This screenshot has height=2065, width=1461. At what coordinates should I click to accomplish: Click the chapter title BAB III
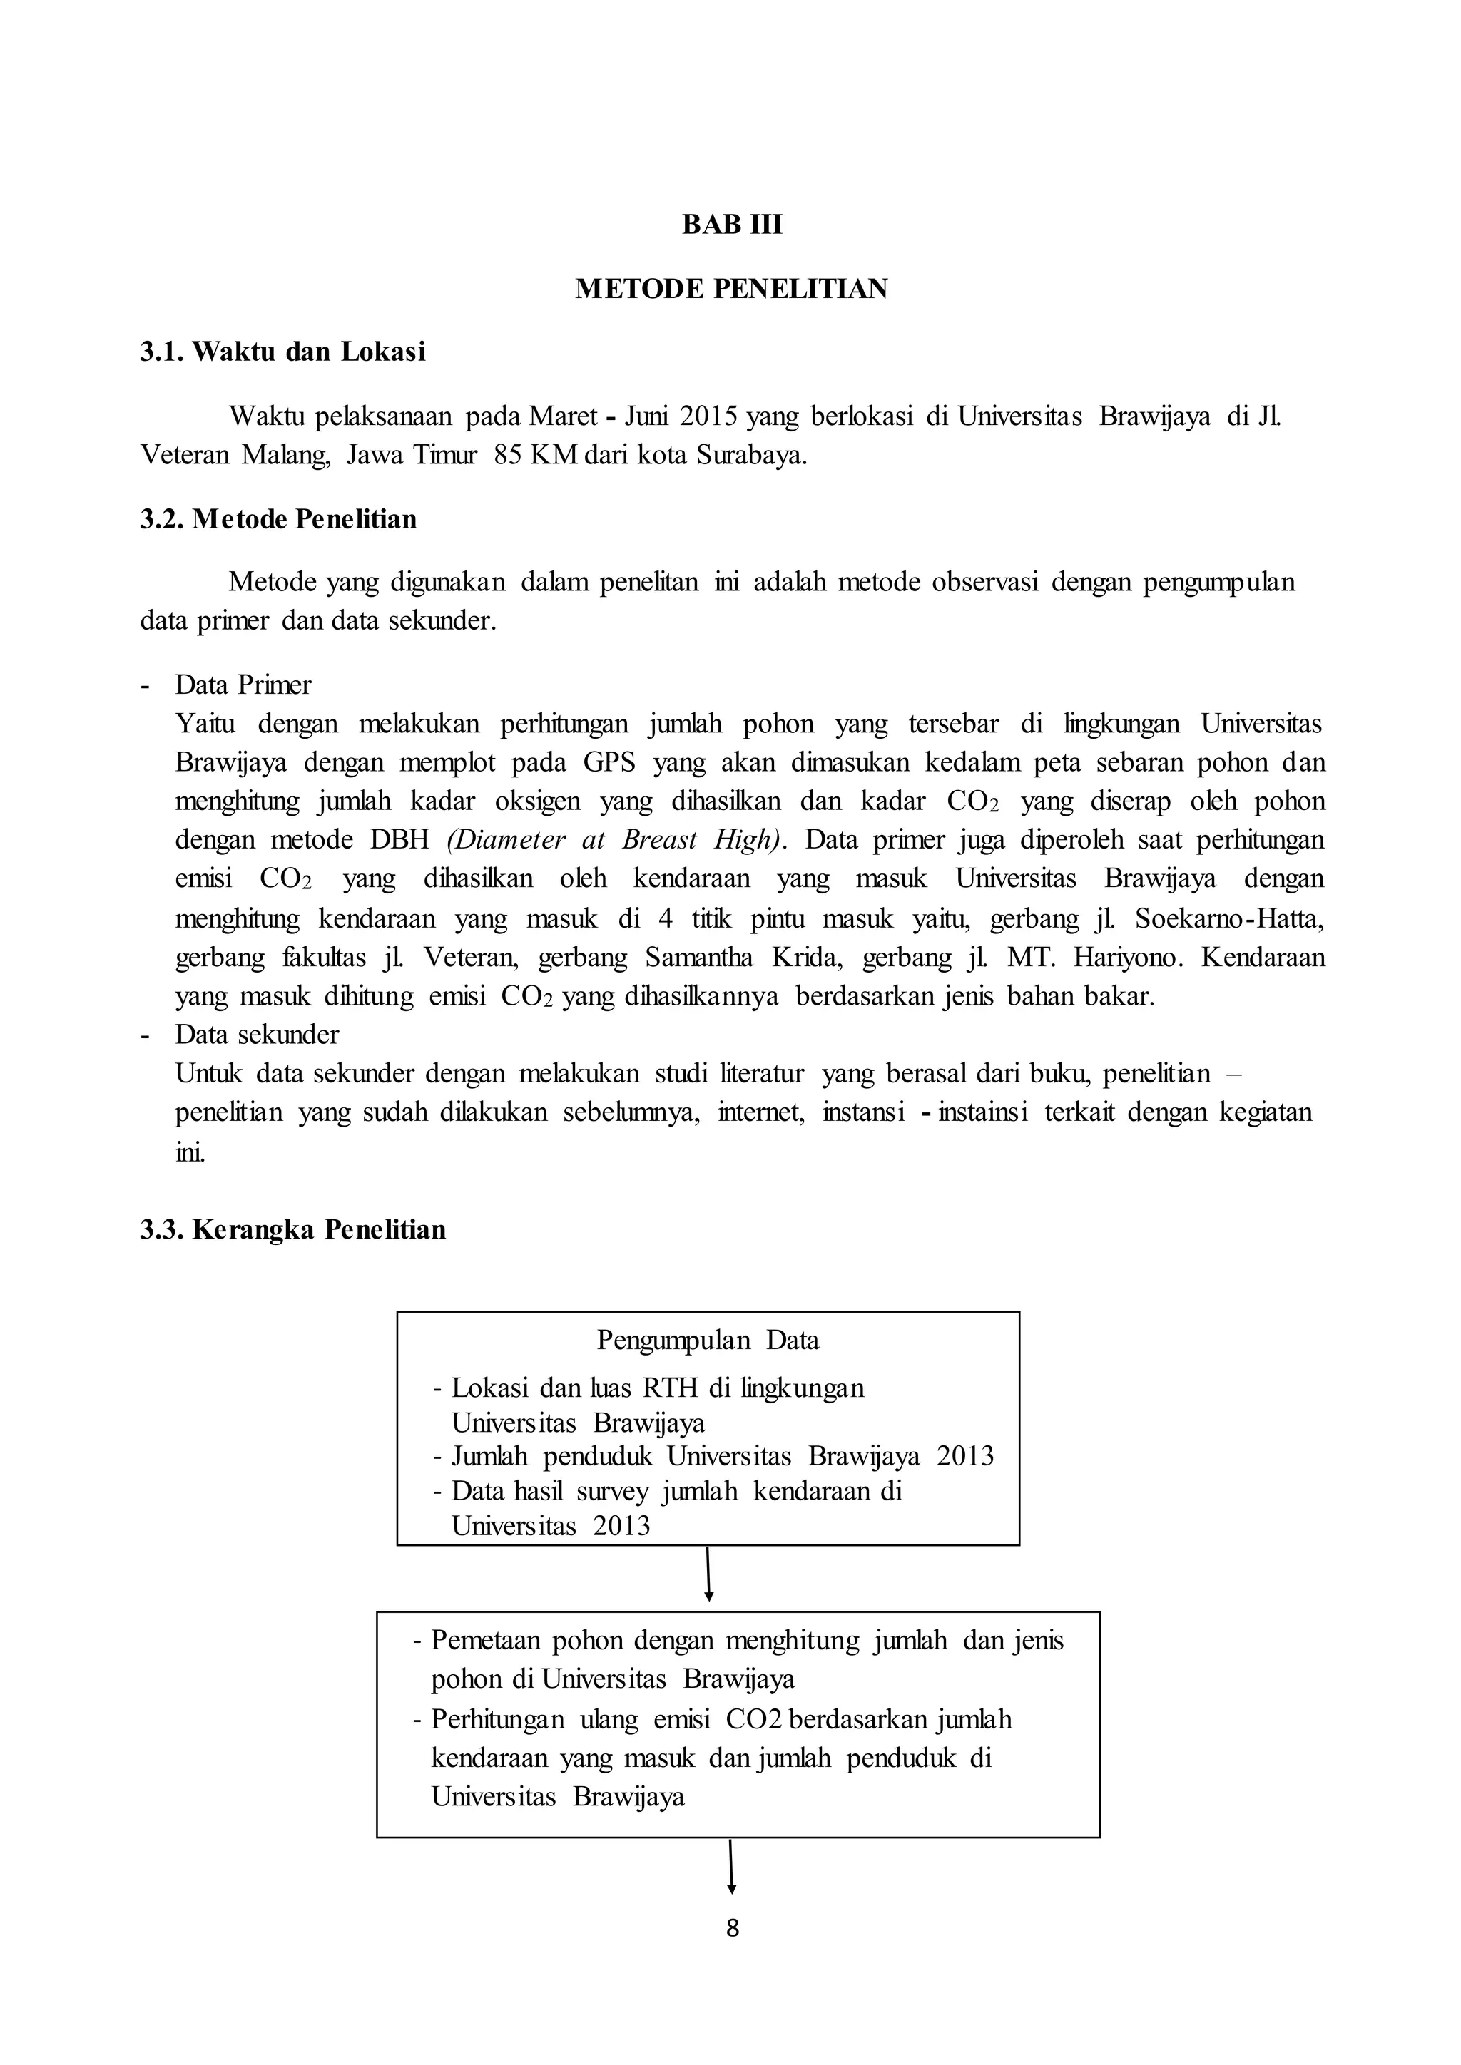[x=731, y=224]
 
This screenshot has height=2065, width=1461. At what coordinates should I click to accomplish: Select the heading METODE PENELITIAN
[x=731, y=289]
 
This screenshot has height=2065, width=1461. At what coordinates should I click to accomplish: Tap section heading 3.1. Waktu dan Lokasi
[x=282, y=352]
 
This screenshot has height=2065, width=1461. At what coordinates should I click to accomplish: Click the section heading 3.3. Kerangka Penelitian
[x=292, y=1229]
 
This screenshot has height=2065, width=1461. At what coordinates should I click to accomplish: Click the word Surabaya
[x=750, y=455]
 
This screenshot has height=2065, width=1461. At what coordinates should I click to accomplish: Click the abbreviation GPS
[x=609, y=763]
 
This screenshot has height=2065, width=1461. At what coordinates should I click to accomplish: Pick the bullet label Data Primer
[x=243, y=685]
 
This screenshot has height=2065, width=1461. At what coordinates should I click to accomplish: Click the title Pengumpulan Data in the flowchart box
[x=708, y=1341]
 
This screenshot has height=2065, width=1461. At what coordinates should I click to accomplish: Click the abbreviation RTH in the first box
[x=671, y=1388]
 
